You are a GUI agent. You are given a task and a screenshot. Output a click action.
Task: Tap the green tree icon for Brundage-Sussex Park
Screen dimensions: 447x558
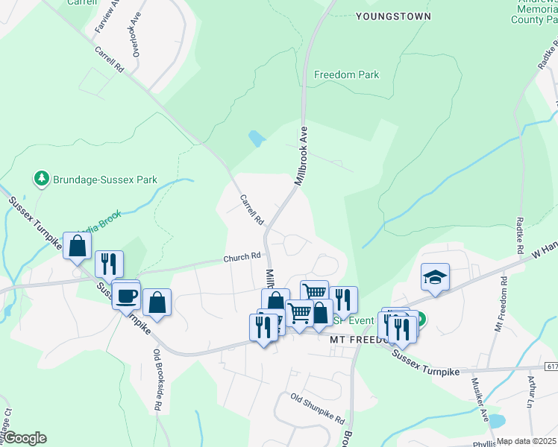coord(40,179)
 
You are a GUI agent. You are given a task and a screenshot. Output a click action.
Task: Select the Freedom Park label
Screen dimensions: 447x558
coord(346,75)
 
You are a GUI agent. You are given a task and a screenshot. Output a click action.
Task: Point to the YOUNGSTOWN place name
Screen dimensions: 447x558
coord(393,16)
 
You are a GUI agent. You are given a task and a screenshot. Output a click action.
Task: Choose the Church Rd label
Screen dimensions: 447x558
coord(242,258)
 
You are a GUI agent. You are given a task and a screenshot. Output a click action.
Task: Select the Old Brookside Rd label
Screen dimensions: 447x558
coord(158,380)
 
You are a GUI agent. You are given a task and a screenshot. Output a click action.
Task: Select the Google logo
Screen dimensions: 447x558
coord(24,438)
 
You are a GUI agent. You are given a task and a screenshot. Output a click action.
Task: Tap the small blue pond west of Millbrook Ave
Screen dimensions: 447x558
coord(256,138)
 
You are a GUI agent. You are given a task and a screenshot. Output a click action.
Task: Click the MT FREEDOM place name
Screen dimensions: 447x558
coord(357,339)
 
